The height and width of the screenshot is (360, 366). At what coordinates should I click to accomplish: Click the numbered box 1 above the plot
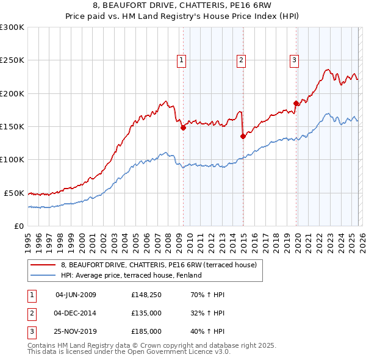point(182,60)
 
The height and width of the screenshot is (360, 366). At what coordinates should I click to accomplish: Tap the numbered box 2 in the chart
point(242,60)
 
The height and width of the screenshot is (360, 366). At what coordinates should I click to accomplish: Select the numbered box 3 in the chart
point(294,60)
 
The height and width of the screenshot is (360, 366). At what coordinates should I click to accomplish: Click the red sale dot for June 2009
point(183,128)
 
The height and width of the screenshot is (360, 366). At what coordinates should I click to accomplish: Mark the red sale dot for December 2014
point(243,137)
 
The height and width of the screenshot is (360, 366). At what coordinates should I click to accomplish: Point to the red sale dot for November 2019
point(296,104)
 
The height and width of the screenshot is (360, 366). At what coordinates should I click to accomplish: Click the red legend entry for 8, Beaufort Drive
point(162,265)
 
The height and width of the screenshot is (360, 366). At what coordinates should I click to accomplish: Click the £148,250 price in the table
point(146,295)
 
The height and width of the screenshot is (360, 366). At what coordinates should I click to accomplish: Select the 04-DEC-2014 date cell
point(76,313)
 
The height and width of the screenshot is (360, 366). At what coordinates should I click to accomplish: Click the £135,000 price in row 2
point(146,313)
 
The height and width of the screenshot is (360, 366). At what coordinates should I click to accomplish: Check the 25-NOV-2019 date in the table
point(76,331)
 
